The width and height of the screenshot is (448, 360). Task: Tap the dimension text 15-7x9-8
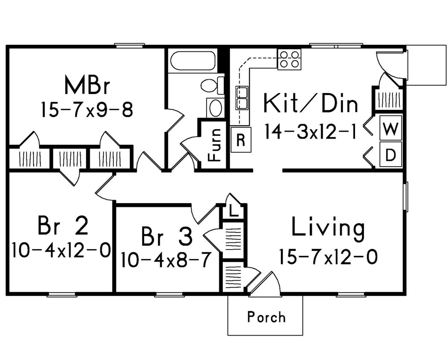tap(87, 110)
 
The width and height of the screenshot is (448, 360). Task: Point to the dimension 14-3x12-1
tap(311, 131)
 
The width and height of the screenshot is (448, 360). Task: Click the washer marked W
tap(391, 128)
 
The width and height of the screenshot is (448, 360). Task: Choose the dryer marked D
tap(391, 154)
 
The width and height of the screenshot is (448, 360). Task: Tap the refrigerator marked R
tap(241, 140)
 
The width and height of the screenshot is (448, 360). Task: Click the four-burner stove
tap(289, 59)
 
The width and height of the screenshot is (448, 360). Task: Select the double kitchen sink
tap(242, 98)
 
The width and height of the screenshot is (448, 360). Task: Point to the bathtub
tap(192, 60)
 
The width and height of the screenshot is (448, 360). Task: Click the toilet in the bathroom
tap(212, 85)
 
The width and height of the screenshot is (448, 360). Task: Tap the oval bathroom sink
tap(216, 108)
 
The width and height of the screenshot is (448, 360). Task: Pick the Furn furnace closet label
tap(215, 145)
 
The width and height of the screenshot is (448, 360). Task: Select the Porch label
tap(267, 317)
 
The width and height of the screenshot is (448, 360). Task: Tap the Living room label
tap(328, 229)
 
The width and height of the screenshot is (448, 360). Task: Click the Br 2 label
tap(63, 225)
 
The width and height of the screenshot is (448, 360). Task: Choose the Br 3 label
tap(167, 236)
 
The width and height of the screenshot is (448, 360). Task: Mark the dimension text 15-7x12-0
tap(328, 257)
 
